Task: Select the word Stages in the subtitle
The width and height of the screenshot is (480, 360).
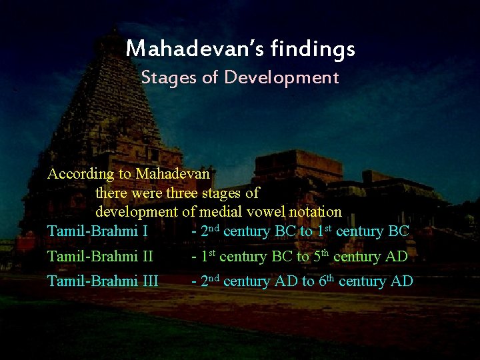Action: pos(169,77)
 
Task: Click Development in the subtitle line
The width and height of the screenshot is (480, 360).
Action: pos(281,77)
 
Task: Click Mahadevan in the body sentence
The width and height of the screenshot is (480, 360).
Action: pos(172,175)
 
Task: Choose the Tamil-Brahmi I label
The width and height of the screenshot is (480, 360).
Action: pos(97,232)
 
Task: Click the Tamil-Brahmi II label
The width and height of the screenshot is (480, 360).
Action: pos(100,257)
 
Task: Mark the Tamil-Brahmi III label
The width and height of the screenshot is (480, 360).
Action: pos(103,281)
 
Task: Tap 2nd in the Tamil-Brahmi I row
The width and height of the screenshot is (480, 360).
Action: pos(210,231)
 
